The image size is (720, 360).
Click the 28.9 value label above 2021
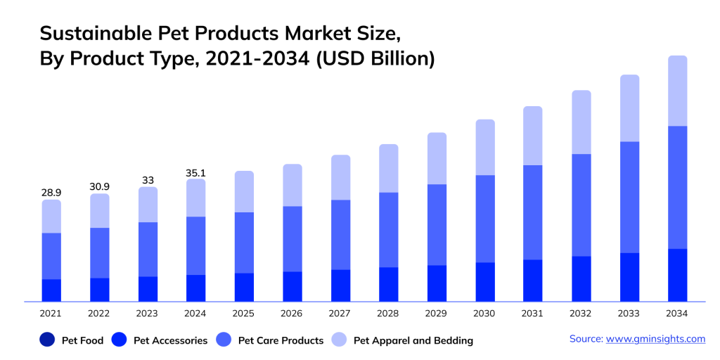tap(51, 192)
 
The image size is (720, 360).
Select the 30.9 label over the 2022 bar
tap(99, 186)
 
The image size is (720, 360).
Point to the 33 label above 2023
tap(148, 180)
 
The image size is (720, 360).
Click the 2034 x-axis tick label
tap(677, 314)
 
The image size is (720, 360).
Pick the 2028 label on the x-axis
tap(388, 314)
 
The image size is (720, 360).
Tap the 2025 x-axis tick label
tap(244, 314)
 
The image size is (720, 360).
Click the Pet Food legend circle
tap(48, 340)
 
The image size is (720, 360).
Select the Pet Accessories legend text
tap(170, 340)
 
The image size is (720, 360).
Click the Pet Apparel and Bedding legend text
tap(413, 340)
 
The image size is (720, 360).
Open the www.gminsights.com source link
tap(655, 339)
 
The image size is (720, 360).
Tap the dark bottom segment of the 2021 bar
tap(51, 290)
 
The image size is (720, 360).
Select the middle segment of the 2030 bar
tap(485, 219)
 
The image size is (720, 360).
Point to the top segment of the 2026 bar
tap(292, 185)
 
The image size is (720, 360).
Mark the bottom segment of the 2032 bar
tap(581, 278)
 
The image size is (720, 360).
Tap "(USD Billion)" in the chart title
tap(375, 59)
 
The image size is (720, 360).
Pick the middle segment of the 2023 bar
tap(148, 249)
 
